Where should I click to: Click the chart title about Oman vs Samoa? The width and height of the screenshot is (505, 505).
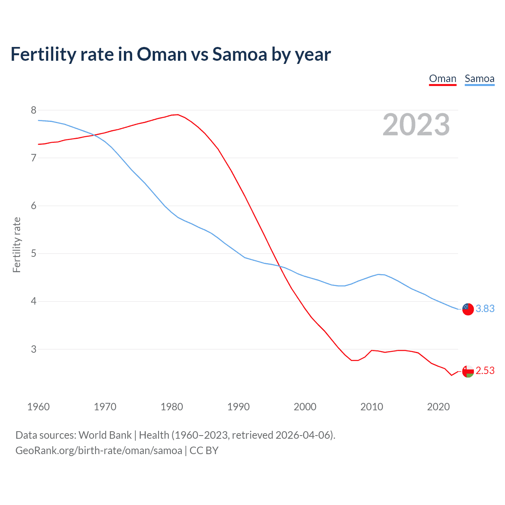[x=170, y=54]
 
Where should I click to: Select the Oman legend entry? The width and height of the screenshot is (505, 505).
[x=442, y=79]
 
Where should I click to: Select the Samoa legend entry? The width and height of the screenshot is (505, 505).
[x=479, y=79]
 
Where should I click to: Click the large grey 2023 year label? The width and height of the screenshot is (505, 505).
[x=416, y=125]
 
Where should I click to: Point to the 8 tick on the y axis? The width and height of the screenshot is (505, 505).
[x=34, y=110]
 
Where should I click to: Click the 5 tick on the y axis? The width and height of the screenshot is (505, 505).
[x=34, y=253]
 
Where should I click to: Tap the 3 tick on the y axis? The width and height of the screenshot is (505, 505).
[x=34, y=349]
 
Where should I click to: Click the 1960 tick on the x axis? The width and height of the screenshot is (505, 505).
[x=38, y=407]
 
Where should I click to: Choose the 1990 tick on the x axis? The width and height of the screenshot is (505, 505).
[x=238, y=407]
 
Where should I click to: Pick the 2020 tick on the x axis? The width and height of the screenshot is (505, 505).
[x=438, y=407]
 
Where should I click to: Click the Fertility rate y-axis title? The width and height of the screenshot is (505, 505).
[x=17, y=245]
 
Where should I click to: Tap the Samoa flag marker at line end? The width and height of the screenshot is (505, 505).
[x=468, y=309]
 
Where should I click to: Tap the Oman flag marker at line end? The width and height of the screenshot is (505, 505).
[x=468, y=371]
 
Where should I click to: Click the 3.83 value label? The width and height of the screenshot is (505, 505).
[x=485, y=309]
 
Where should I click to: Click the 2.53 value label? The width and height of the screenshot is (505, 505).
[x=485, y=371]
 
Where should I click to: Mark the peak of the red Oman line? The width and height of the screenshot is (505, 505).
[x=178, y=114]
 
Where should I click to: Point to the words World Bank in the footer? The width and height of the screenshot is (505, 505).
[x=105, y=435]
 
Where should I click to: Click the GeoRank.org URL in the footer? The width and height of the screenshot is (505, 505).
[x=99, y=451]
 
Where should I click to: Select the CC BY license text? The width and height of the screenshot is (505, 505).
[x=204, y=451]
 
